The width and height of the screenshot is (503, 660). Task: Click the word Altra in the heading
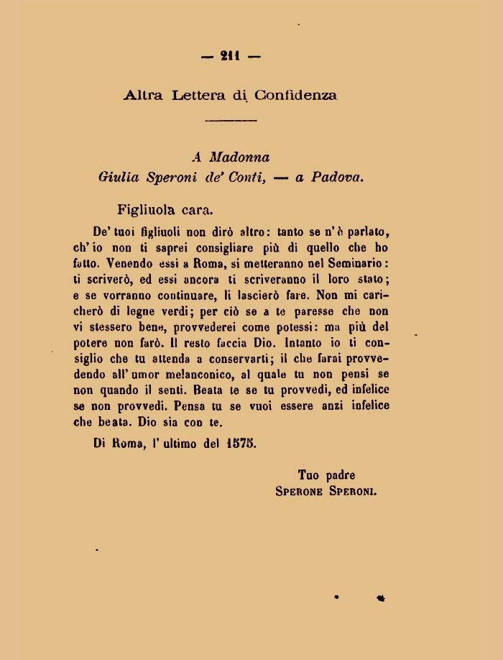point(144,95)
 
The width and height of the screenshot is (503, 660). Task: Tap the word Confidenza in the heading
point(295,95)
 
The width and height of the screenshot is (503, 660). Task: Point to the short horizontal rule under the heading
point(231,119)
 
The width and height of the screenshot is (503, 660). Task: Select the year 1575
point(241,444)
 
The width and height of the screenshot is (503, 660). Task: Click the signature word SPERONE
point(300,492)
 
